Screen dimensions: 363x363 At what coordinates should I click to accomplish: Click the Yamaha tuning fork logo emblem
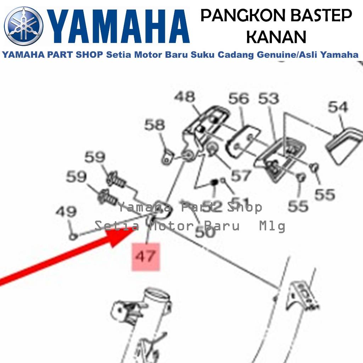pos(24,26)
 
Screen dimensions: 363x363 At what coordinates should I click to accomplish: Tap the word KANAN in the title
pos(276,37)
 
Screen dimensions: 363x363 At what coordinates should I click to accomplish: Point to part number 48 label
pos(184,96)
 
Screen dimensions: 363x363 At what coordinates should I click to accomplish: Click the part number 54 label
pos(338,106)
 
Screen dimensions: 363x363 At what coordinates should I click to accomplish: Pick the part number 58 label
pos(155,125)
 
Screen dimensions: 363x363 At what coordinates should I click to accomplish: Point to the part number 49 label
pos(66,212)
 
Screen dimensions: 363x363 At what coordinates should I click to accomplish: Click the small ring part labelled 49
pos(73,235)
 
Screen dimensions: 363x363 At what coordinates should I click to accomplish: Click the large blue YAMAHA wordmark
pos(119,27)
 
